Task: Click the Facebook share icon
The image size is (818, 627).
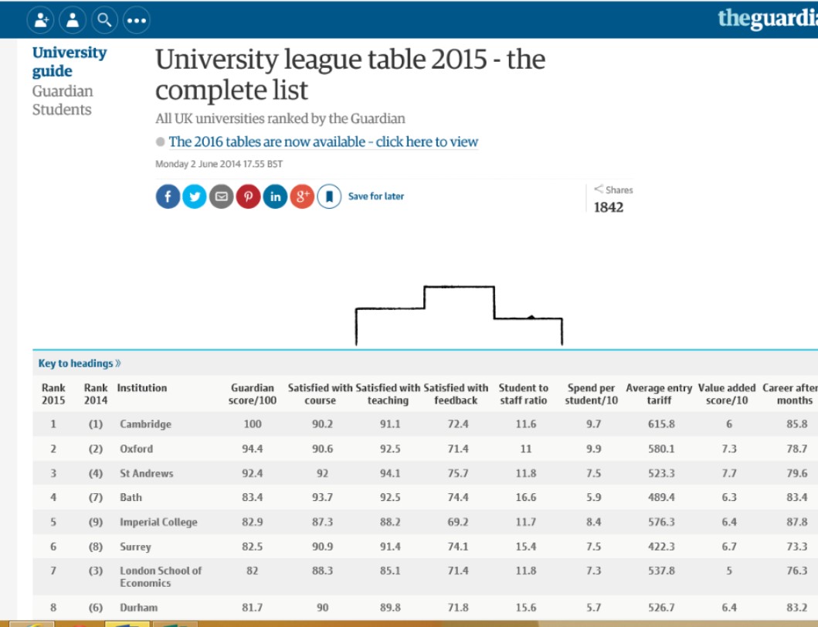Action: click(168, 196)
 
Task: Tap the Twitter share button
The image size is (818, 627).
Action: click(195, 196)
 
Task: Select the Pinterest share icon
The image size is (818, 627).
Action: click(249, 196)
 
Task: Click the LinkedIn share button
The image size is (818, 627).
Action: click(275, 196)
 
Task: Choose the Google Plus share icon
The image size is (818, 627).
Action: click(302, 196)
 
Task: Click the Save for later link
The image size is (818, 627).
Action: click(375, 196)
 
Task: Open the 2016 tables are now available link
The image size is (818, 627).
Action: click(323, 141)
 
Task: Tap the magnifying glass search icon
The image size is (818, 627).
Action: click(104, 20)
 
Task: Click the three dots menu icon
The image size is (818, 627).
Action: click(137, 20)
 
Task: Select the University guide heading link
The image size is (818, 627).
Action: click(69, 62)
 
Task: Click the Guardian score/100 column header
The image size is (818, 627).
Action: click(252, 394)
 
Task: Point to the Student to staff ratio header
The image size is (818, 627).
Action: click(523, 394)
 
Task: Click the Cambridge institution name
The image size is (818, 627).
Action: click(145, 424)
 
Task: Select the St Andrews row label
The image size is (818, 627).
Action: click(146, 473)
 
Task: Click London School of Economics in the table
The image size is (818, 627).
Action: click(160, 576)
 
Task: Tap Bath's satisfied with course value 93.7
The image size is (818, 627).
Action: click(322, 497)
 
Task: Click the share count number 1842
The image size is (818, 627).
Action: click(608, 207)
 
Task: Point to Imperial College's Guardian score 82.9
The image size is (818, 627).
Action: click(252, 522)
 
